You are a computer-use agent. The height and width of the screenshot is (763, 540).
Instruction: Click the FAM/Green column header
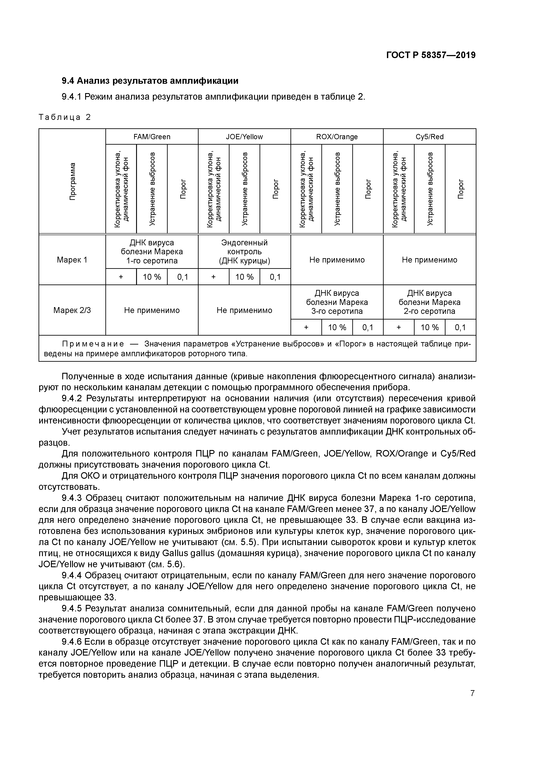pyautogui.click(x=152, y=137)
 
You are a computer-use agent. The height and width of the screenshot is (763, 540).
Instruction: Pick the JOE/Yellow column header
pyautogui.click(x=244, y=137)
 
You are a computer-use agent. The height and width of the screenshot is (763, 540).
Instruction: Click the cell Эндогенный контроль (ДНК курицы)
pyautogui.click(x=244, y=252)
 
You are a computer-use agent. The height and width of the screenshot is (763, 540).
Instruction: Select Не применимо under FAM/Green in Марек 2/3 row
pyautogui.click(x=152, y=310)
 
